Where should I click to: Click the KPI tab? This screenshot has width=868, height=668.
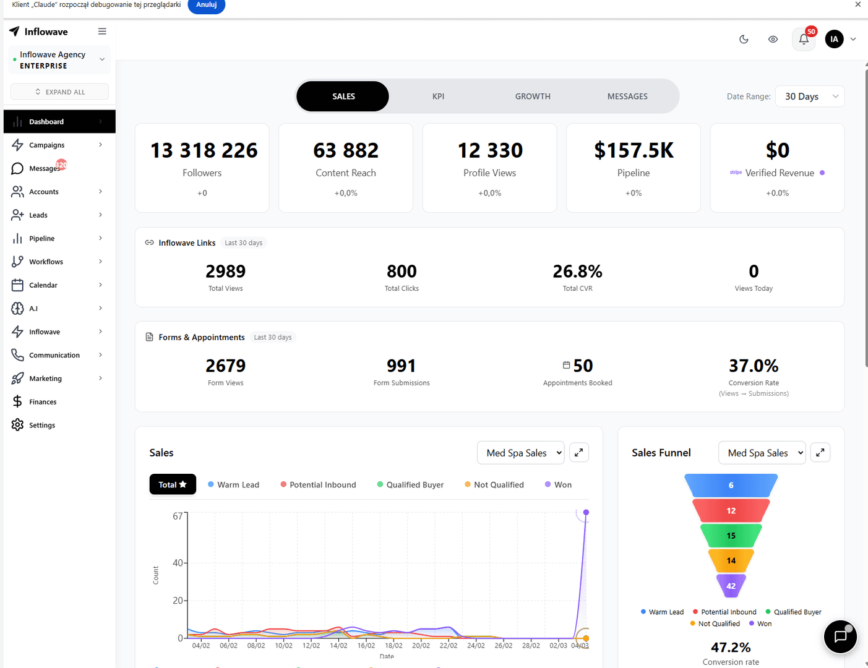tap(438, 96)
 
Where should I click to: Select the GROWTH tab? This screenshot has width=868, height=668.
tap(533, 96)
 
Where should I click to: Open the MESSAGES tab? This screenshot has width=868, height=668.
tap(627, 96)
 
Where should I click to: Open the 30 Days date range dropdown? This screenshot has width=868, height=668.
tap(809, 96)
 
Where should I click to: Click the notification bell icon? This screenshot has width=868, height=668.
tap(804, 40)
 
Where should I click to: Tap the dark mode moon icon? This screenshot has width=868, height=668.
tap(744, 40)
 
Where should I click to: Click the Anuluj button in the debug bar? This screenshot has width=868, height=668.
tap(206, 5)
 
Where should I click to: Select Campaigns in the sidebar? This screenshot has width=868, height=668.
tap(47, 145)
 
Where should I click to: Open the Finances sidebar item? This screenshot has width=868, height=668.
tap(43, 402)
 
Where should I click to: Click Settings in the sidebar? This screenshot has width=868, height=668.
tap(42, 426)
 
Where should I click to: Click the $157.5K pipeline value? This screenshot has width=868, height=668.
tap(634, 150)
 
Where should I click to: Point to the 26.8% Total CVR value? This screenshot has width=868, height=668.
tap(577, 272)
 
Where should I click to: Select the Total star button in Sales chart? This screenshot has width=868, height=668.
tap(173, 485)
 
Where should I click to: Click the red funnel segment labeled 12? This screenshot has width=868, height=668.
tap(731, 511)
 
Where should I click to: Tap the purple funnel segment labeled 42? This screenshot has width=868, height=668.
tap(731, 586)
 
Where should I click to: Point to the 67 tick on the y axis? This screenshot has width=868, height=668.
tap(178, 516)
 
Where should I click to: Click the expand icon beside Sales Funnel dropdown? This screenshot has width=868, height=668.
tap(820, 453)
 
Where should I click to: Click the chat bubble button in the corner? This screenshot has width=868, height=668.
tap(840, 636)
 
